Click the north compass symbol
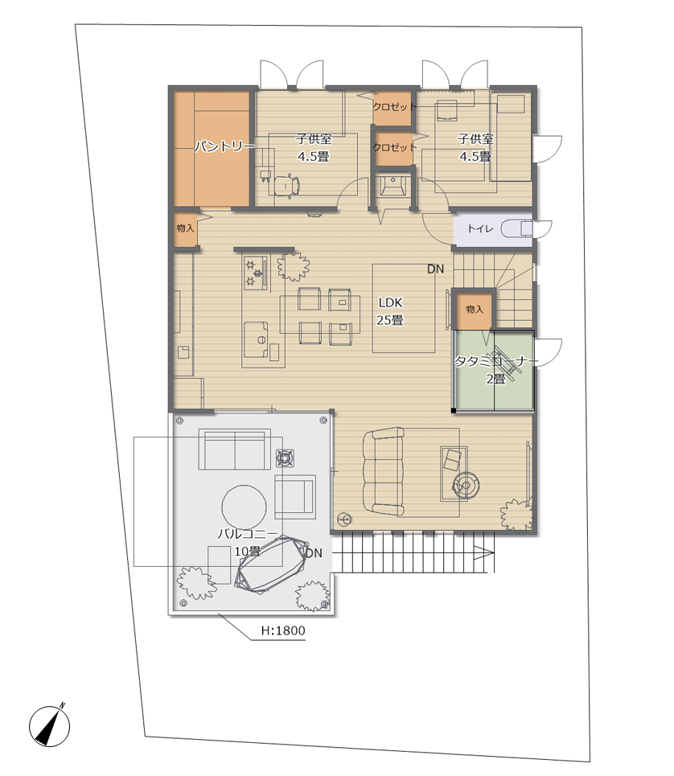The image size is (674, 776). tap(49, 726)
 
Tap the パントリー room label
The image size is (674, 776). tap(224, 146)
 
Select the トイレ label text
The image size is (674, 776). tap(480, 228)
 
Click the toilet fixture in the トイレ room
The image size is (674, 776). tap(516, 229)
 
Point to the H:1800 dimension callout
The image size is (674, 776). tap(283, 630)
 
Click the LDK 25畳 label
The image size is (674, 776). tap(390, 311)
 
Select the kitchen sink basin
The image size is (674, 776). tap(257, 339)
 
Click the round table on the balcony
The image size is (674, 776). tap(244, 507)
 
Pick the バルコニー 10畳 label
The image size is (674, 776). tap(248, 543)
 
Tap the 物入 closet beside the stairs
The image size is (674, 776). tap(474, 310)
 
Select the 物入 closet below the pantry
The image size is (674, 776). tap(185, 228)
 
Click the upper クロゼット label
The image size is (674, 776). tap(394, 107)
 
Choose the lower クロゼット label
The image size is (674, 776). tap(394, 147)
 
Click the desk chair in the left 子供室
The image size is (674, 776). tap(287, 186)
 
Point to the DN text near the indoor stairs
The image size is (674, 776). tap(435, 269)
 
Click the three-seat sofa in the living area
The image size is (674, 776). tap(383, 471)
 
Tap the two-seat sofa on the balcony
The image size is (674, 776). tap(235, 450)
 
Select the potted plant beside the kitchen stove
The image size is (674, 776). tap(294, 266)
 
